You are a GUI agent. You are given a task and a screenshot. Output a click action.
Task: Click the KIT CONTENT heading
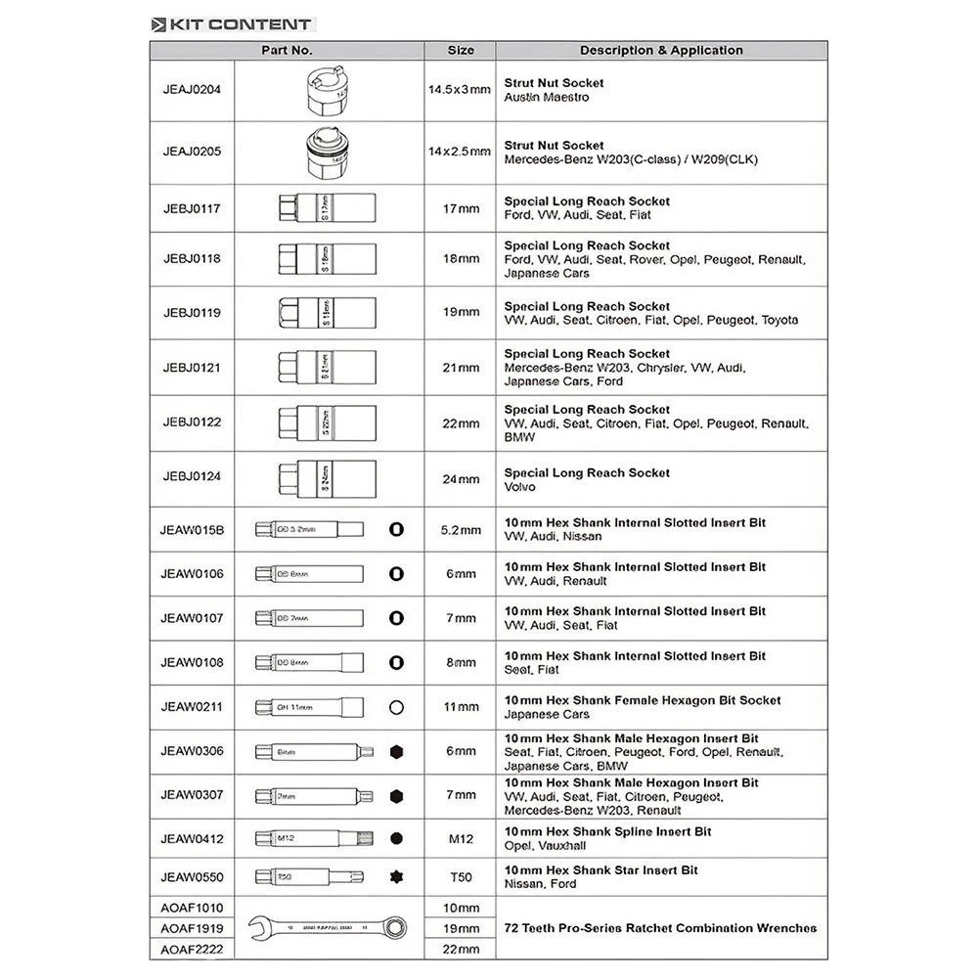click(233, 24)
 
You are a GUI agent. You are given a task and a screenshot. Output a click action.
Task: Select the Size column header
click(461, 50)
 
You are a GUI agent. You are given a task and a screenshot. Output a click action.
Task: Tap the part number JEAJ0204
click(192, 89)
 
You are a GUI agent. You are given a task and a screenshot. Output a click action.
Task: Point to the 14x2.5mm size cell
click(459, 152)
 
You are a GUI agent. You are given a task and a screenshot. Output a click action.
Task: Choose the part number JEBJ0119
click(192, 313)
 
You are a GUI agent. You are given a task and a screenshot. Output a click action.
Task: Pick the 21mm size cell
click(461, 368)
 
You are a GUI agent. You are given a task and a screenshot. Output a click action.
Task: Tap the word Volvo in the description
click(519, 487)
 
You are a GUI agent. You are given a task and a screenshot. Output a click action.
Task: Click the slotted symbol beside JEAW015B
click(396, 529)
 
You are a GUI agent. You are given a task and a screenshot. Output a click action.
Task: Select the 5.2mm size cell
click(461, 530)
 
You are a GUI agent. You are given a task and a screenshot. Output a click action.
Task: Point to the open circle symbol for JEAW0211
click(396, 707)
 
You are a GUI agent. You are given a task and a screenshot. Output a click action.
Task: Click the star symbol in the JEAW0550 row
click(396, 876)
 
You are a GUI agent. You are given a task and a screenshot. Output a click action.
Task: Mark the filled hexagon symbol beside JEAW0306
click(396, 751)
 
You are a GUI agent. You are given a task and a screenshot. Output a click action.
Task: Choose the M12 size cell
click(461, 838)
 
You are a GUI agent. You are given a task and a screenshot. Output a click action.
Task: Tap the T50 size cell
click(461, 876)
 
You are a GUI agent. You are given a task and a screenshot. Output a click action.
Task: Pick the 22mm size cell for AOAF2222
click(461, 949)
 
